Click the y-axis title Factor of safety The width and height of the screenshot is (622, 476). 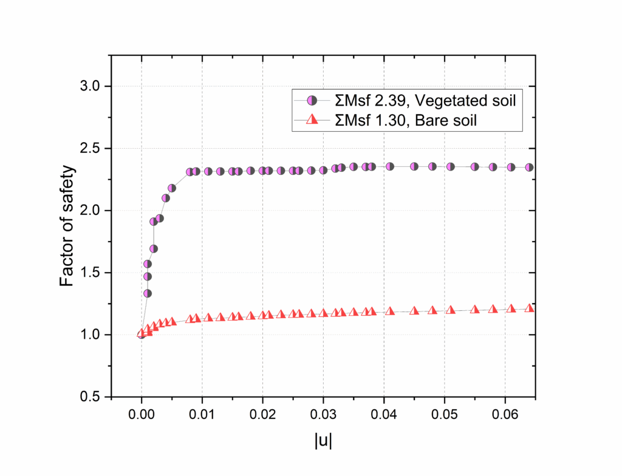(69, 225)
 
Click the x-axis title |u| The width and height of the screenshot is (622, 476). (323, 441)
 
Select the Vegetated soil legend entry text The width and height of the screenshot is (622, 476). (425, 101)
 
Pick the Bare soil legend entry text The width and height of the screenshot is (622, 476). (406, 120)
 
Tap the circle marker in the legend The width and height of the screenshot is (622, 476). (311, 101)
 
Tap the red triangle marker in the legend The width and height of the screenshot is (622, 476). (311, 120)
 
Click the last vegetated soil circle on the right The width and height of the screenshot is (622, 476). (529, 167)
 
